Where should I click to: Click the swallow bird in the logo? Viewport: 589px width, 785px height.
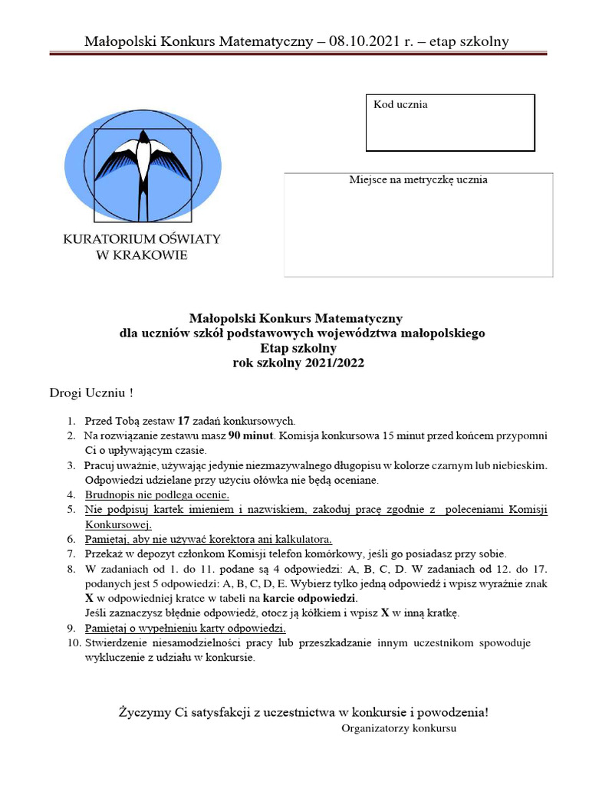point(141,164)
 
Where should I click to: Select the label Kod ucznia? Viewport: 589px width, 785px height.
point(400,104)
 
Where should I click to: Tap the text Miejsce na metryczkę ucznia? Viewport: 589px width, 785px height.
point(418,180)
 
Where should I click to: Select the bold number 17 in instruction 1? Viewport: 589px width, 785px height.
point(183,421)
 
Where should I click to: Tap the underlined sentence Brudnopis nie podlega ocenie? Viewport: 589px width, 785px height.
point(152,495)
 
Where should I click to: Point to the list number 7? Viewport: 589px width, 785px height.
point(71,553)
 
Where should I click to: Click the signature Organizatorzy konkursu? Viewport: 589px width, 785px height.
point(398,728)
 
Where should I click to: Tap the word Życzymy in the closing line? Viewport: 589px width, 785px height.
point(145,712)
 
